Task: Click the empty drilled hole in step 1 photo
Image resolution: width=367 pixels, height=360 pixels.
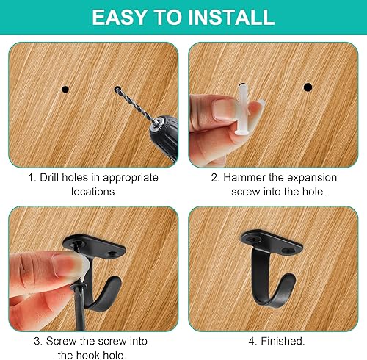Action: [65, 89]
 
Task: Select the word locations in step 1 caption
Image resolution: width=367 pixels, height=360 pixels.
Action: [94, 191]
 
